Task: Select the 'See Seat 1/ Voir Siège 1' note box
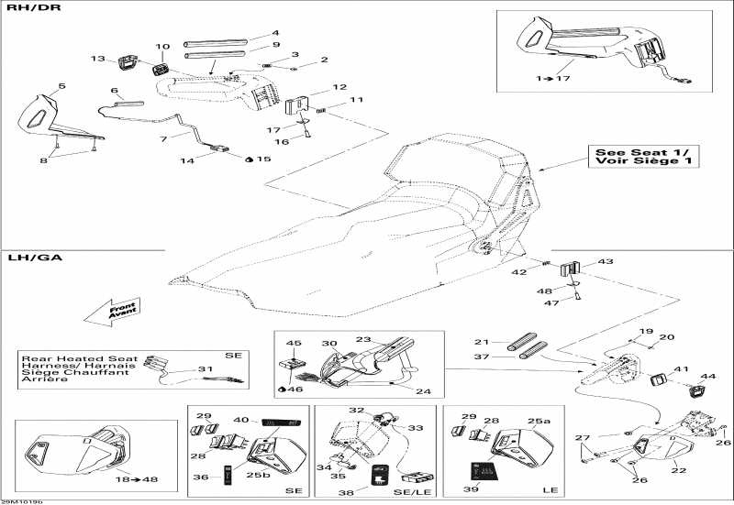coord(645,156)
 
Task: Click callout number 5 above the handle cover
coord(61,87)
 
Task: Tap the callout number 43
coord(606,262)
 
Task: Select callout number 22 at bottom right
coord(679,471)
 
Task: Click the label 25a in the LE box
coord(539,421)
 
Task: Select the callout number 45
coord(293,344)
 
